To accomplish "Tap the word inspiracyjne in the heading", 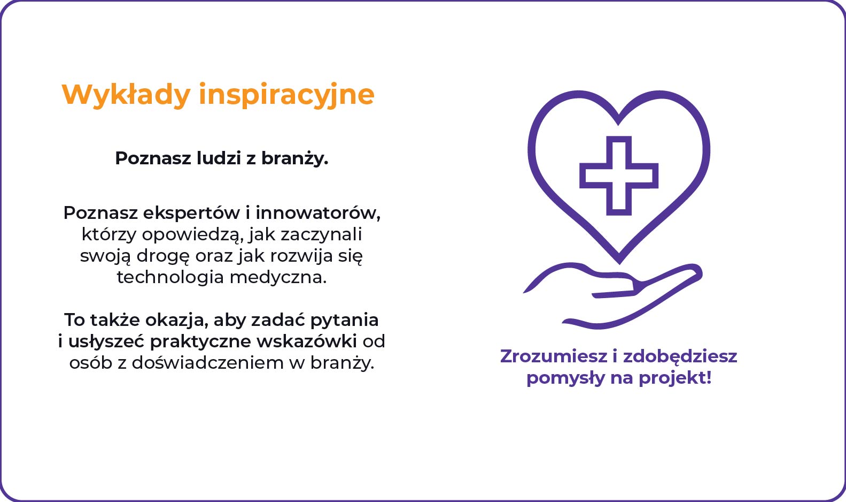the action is (287, 95).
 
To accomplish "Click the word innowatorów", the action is (318, 213).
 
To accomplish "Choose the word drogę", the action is (163, 256).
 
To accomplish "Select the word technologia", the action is (170, 278).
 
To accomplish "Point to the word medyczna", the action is (278, 278).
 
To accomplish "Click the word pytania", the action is (345, 321).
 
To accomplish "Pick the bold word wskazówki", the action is (307, 341).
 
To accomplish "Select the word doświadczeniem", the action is (208, 363).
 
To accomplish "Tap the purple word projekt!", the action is (675, 378).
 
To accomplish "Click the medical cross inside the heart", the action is (619, 176).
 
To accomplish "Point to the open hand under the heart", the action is (612, 295).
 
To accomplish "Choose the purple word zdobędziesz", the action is (680, 356).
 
